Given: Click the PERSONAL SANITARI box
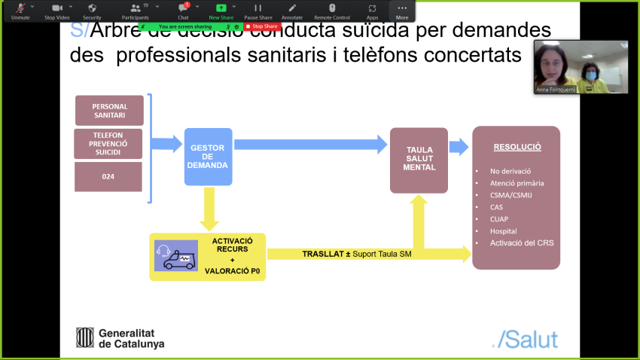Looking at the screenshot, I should [110, 111].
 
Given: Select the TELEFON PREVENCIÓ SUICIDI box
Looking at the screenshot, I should [108, 143].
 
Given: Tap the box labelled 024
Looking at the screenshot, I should [108, 177].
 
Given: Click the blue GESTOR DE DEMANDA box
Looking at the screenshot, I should [209, 157].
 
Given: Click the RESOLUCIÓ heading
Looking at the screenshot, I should [517, 148].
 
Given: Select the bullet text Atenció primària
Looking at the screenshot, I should [517, 182].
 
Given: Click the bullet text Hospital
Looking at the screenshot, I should [504, 230].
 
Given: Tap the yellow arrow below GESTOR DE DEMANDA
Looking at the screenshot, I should [209, 209].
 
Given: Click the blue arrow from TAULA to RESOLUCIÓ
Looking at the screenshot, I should [458, 147].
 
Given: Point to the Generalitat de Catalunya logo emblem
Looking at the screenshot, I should [85, 337].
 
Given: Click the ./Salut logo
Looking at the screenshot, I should [524, 338].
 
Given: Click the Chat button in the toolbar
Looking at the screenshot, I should [184, 11].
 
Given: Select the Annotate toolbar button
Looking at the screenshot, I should [292, 11].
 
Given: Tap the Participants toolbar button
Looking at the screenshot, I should [136, 11].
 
